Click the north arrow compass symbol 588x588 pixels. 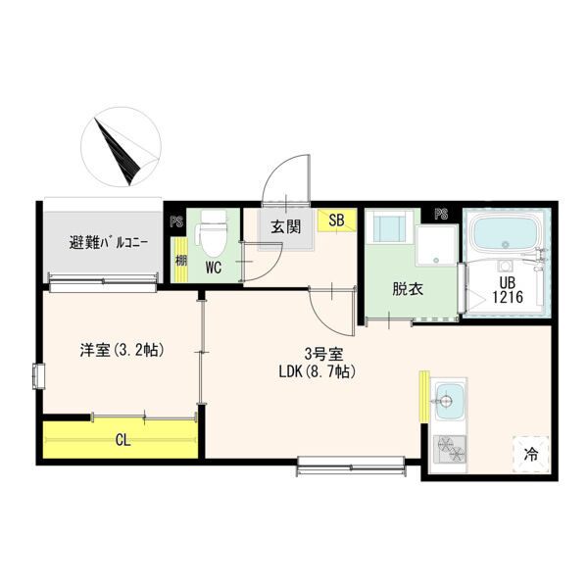pos(121,147)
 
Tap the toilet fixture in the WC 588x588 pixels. pos(214,232)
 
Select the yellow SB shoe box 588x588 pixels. pos(336,220)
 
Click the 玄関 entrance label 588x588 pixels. pos(286,227)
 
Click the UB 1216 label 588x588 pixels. pos(507,290)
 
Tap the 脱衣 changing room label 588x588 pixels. pos(408,289)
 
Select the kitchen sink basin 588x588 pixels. pos(450,402)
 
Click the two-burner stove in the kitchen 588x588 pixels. pos(450,449)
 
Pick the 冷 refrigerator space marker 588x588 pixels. pos(531,455)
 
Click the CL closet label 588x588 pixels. pos(123,440)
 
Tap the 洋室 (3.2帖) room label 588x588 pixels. pos(122,350)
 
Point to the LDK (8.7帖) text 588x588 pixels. pos(318,372)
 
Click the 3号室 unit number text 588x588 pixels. pos(323,354)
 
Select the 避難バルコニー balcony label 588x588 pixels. pos(109,243)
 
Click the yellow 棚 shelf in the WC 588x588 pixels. pos(181,260)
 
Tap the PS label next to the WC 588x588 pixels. pos(176,221)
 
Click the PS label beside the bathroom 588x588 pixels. pos(441,214)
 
